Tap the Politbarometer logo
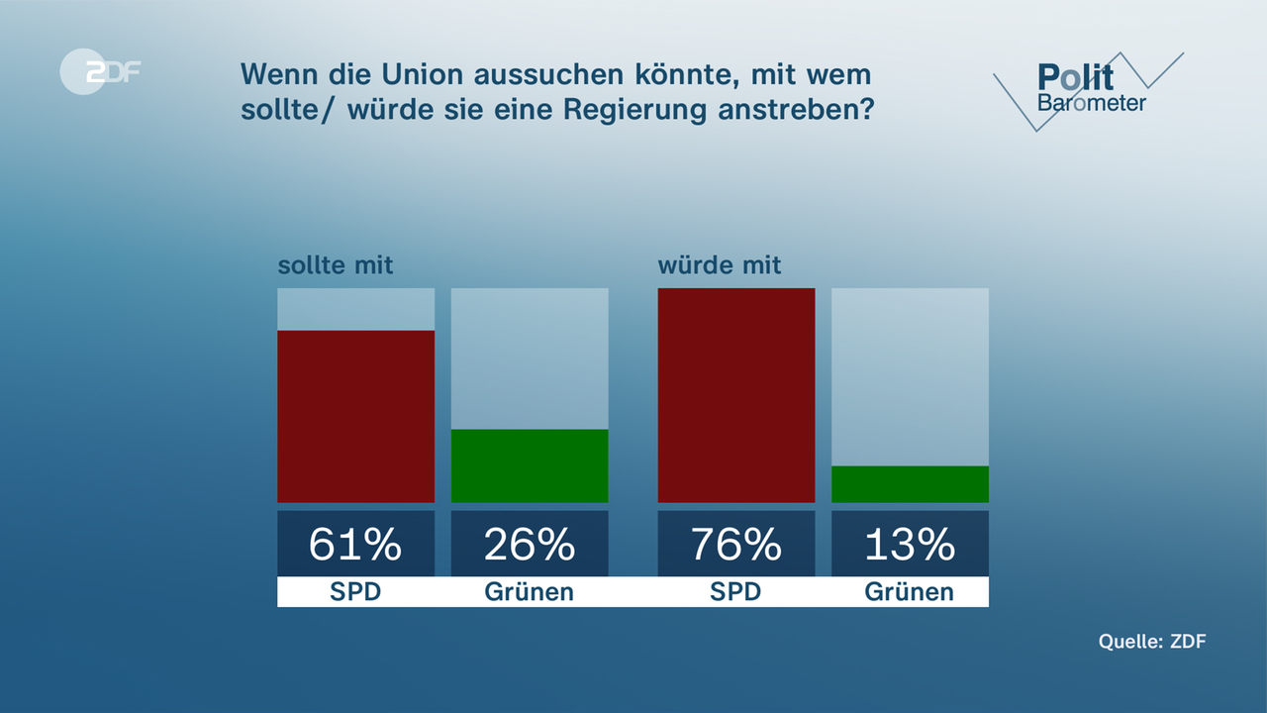[x=1090, y=89]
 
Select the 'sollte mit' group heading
[x=335, y=265]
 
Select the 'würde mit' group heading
[x=720, y=265]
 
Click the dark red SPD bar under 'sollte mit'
[x=355, y=416]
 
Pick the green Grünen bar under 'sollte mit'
[x=530, y=465]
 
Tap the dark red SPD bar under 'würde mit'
[x=736, y=395]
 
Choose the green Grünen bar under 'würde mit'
[x=910, y=484]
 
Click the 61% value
[x=355, y=544]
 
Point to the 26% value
[x=530, y=544]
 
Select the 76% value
[x=736, y=544]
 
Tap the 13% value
[x=910, y=544]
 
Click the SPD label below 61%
[x=355, y=592]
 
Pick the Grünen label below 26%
[x=530, y=592]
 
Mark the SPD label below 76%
[x=736, y=592]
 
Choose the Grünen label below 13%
[x=910, y=592]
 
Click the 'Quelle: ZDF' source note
[x=1152, y=642]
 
